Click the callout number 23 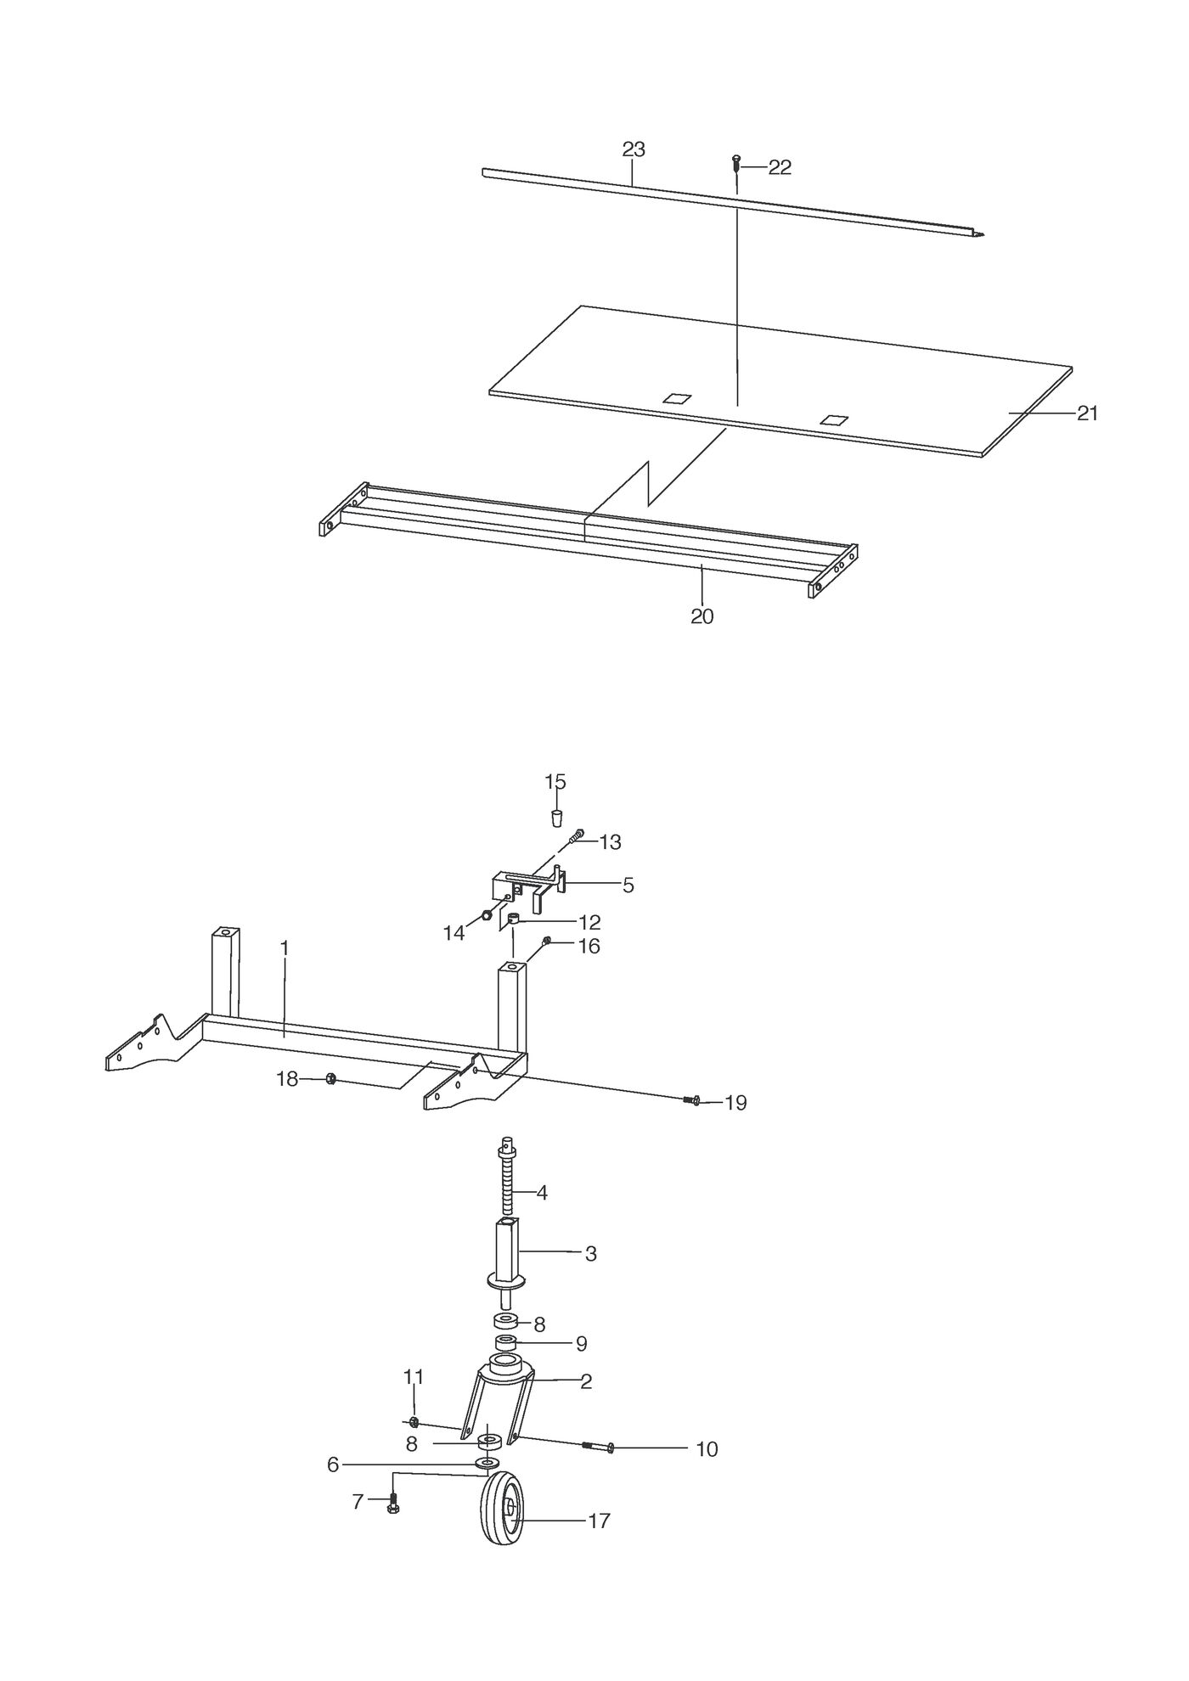634,149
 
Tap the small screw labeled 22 736,162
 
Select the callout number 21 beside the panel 1088,413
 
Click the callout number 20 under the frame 702,617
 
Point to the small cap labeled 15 557,818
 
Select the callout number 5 628,885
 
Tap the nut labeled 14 487,915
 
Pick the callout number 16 589,946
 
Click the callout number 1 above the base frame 285,947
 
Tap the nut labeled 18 331,1079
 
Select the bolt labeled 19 692,1101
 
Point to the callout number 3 591,1254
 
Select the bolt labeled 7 392,1503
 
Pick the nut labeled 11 412,1421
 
